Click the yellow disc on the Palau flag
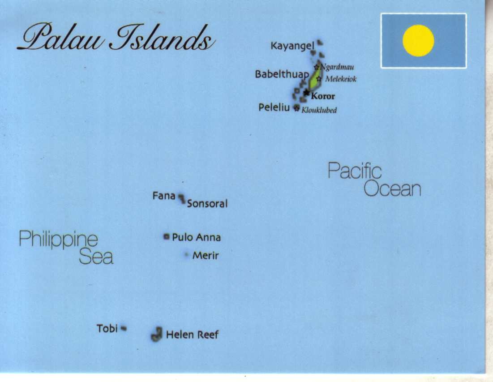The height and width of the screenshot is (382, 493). [418, 40]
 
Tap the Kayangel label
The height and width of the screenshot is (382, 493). [291, 46]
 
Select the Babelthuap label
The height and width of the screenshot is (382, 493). [282, 74]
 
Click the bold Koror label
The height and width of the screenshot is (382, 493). [323, 96]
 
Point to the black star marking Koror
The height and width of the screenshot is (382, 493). [306, 93]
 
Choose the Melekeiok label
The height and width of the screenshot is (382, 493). [341, 79]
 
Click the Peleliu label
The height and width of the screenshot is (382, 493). [274, 107]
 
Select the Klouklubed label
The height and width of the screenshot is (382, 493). [319, 110]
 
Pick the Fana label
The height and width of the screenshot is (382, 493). [164, 196]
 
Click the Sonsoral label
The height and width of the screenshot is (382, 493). [207, 204]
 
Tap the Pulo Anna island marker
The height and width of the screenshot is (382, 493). [167, 236]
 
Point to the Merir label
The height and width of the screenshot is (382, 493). [206, 256]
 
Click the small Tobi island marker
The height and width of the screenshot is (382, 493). [124, 328]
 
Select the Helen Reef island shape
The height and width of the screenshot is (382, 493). [156, 334]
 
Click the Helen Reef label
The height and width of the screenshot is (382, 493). [192, 335]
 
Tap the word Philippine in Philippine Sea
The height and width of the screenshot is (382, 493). [58, 239]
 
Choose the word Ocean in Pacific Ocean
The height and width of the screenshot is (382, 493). [392, 189]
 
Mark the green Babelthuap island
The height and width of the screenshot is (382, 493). [316, 78]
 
